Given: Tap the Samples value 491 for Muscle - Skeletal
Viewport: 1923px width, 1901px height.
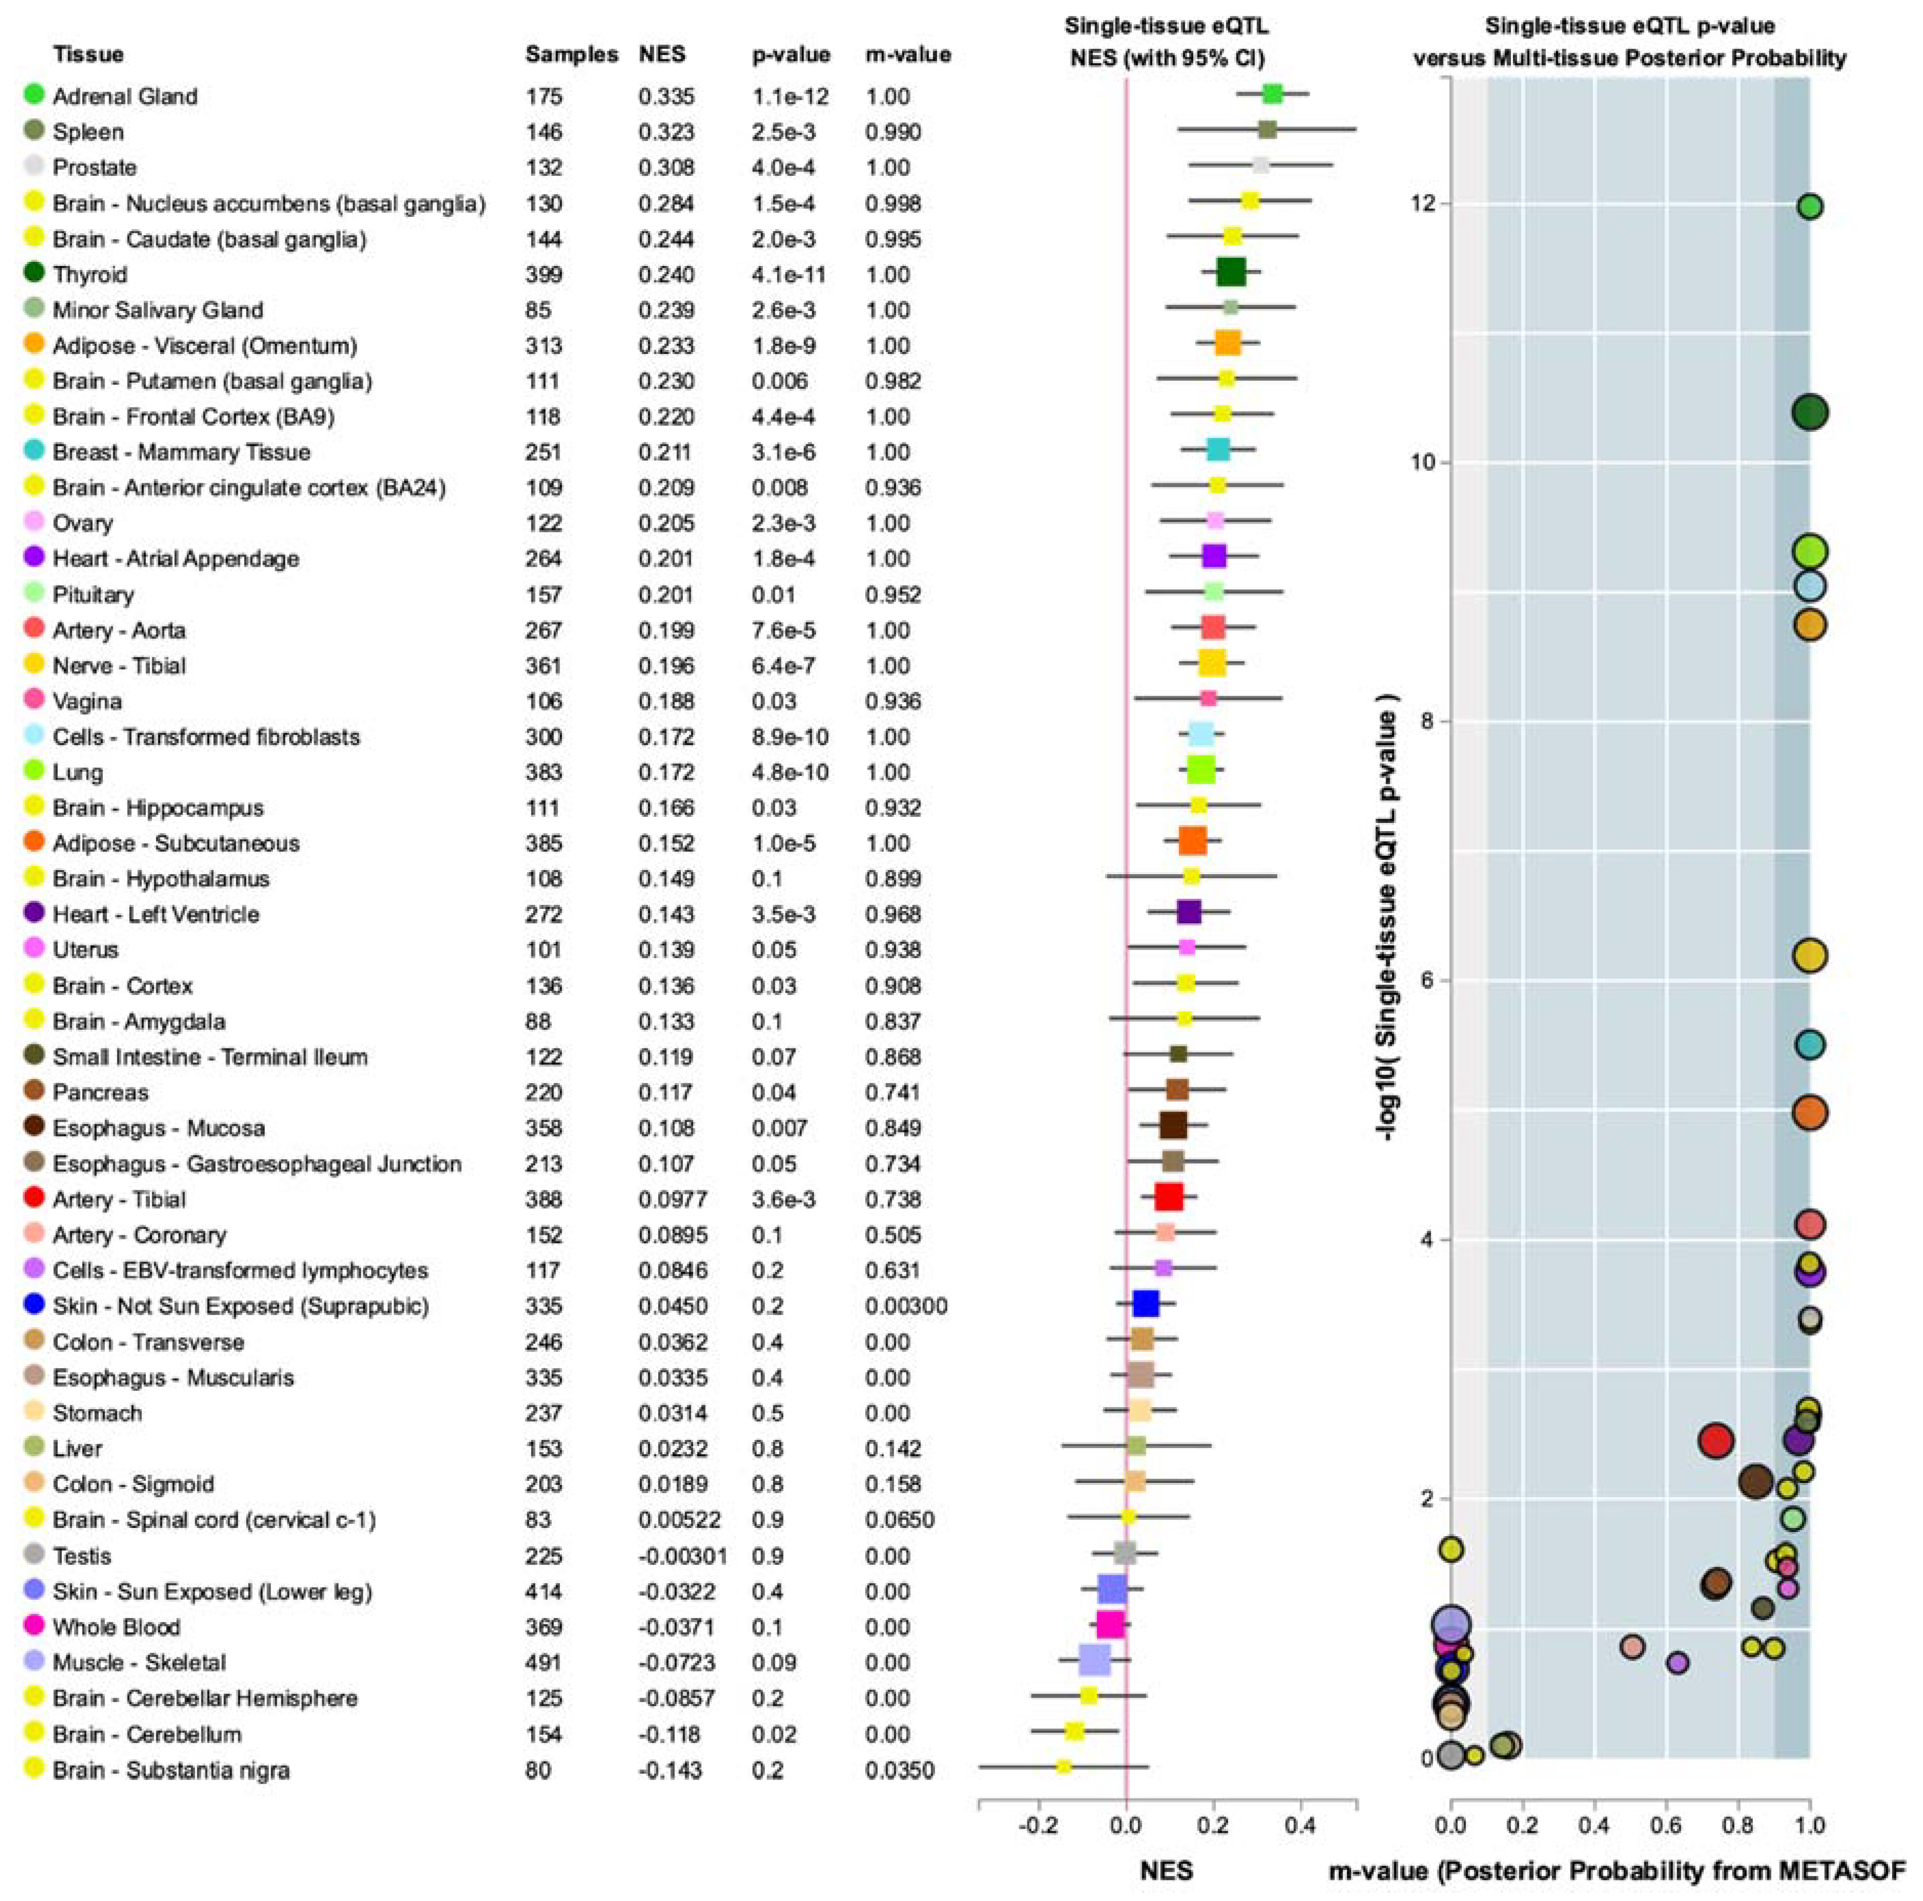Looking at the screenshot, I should [x=544, y=1662].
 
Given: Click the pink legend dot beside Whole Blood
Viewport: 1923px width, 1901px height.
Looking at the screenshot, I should [x=34, y=1625].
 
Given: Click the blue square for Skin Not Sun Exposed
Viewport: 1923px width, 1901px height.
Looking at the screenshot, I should [x=1146, y=1304].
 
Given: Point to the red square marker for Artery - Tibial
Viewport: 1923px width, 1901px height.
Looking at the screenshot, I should [x=1169, y=1197].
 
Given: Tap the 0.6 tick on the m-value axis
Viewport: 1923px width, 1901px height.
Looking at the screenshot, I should [x=1666, y=1825].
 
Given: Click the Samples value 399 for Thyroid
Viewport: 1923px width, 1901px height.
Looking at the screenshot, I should [x=544, y=275].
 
